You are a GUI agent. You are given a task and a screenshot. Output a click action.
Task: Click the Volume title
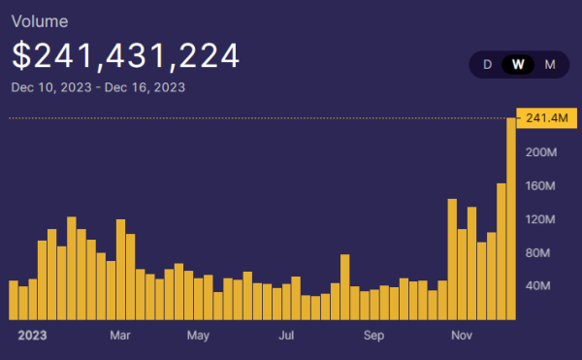(x=40, y=18)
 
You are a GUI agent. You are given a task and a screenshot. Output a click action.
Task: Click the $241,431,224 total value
(x=125, y=55)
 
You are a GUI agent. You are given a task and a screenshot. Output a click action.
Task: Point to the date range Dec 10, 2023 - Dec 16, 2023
(x=98, y=87)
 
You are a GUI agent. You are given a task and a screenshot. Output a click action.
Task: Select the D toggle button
(x=488, y=65)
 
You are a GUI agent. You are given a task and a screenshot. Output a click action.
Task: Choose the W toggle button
(x=519, y=65)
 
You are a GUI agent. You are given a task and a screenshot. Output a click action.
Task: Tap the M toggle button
(x=550, y=65)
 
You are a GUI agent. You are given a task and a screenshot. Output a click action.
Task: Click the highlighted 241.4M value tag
(x=543, y=118)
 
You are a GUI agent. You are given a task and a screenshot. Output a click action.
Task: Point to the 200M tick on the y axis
(x=540, y=152)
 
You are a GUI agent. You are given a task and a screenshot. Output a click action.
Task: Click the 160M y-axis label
(x=540, y=185)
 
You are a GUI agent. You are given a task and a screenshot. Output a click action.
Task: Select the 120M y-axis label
(x=540, y=219)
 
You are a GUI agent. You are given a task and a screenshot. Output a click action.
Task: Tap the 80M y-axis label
(x=538, y=252)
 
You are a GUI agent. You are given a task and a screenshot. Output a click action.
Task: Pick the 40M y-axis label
(x=538, y=286)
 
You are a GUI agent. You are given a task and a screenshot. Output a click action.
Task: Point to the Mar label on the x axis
(x=120, y=336)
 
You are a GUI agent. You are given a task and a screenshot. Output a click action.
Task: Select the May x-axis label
(x=198, y=336)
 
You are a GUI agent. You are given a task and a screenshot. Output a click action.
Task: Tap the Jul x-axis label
(x=286, y=336)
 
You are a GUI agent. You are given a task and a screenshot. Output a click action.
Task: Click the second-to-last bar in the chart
(x=501, y=251)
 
